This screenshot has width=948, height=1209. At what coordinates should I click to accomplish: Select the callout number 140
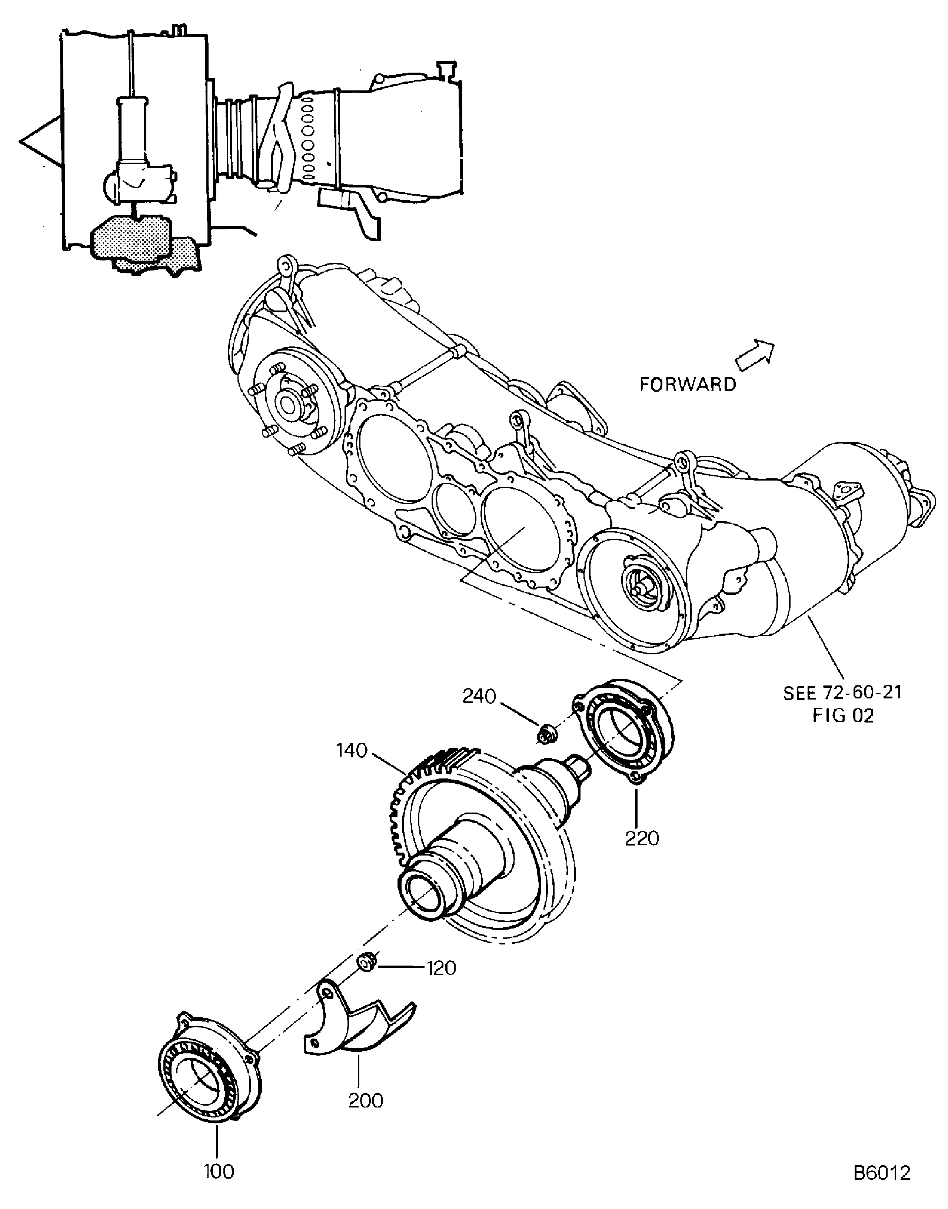click(352, 751)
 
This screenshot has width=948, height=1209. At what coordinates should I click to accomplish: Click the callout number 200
click(366, 1100)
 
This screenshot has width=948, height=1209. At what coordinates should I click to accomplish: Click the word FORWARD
click(688, 384)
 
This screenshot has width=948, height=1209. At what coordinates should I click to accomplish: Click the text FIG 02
click(843, 715)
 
